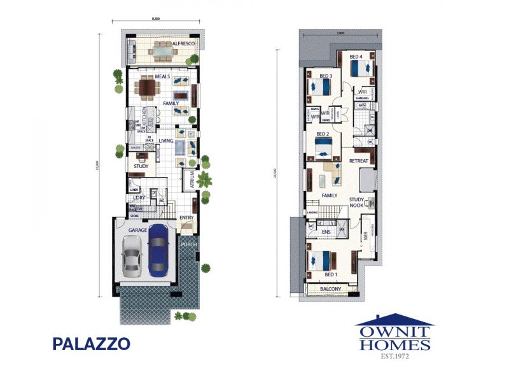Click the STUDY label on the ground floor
coord(141,167)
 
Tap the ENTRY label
coord(186,218)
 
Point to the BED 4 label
coord(356,57)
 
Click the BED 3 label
coord(326,76)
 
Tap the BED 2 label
coord(323,134)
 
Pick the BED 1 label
coord(331,274)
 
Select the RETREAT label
coord(359,161)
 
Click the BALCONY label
coord(330,289)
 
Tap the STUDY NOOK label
coord(357,202)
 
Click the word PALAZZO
coord(92,344)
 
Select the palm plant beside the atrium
coord(204,179)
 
